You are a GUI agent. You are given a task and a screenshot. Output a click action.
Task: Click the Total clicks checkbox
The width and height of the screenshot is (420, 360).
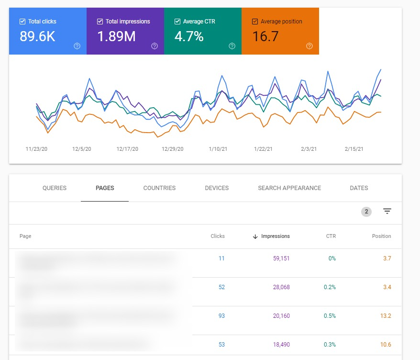[22, 22]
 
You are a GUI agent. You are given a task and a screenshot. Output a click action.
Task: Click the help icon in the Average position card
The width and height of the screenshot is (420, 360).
[309, 46]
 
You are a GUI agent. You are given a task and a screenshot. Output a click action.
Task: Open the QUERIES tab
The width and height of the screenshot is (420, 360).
[55, 188]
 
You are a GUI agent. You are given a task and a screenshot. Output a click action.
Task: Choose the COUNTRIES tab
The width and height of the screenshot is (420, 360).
[159, 188]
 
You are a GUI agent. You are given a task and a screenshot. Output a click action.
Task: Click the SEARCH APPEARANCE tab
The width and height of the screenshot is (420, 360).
[289, 188]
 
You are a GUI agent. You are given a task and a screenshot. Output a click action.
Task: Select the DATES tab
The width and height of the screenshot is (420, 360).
[359, 188]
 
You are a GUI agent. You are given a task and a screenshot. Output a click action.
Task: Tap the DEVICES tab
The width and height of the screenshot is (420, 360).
[217, 188]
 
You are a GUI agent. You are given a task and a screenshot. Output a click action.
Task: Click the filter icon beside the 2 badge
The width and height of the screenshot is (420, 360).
[387, 211]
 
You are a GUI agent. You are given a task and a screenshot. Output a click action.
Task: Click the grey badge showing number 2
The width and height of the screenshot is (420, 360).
[366, 212]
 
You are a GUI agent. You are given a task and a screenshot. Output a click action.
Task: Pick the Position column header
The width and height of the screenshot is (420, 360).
[381, 236]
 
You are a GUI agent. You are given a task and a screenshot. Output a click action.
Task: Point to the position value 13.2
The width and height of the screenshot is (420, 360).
[386, 316]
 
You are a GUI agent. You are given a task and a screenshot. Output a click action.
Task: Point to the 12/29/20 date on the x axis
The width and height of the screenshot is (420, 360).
[173, 149]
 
